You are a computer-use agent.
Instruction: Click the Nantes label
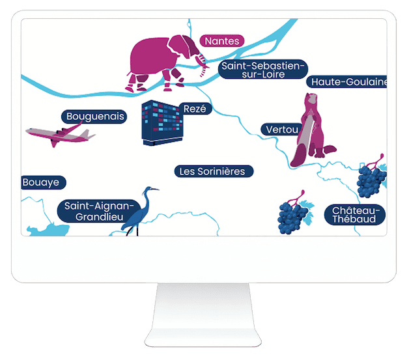[222, 41]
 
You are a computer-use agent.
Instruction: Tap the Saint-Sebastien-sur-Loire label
[263, 70]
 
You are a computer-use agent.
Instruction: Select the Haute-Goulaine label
[349, 81]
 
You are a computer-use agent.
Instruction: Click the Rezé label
[195, 109]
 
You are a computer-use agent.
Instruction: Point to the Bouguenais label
[95, 117]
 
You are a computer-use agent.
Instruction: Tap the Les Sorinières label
[214, 171]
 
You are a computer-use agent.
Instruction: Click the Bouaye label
[41, 183]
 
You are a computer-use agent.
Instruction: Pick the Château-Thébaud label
[354, 215]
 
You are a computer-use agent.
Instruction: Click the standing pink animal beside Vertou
[313, 130]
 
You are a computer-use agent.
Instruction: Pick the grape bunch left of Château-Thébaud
[294, 215]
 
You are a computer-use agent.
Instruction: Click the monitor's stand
[204, 312]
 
